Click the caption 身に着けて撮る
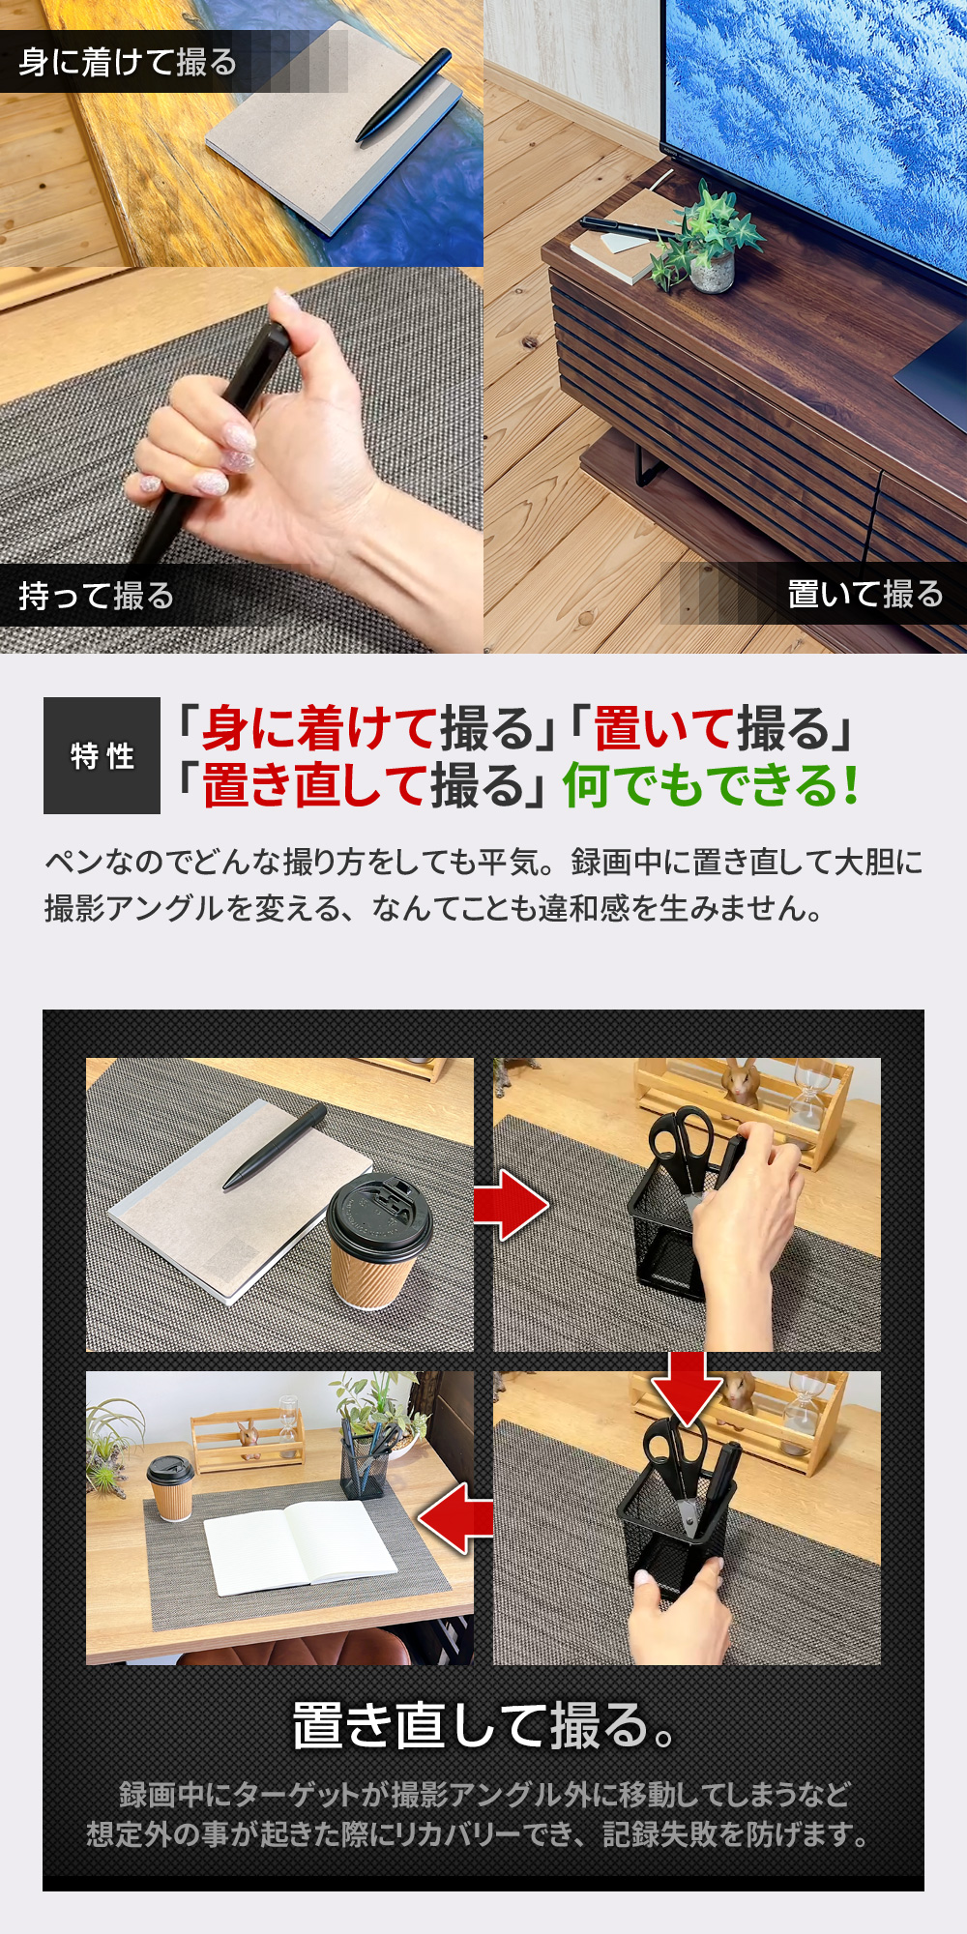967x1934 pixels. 128,62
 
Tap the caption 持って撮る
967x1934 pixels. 96,596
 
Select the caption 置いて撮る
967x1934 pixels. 865,594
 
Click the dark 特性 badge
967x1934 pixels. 102,755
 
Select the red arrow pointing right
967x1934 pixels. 511,1205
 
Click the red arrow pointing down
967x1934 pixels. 687,1388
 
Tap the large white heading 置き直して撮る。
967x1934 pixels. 483,1726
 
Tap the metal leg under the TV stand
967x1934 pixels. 650,462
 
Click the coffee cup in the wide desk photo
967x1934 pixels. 171,1488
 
